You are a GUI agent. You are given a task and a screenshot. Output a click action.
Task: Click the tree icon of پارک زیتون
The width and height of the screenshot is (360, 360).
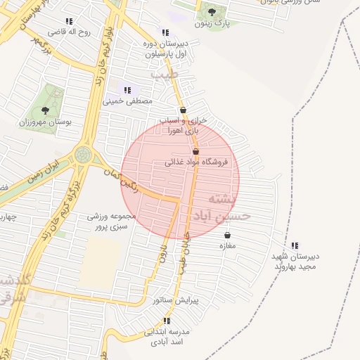tap(212, 12)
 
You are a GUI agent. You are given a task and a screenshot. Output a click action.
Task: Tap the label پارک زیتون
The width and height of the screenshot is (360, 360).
tap(212, 24)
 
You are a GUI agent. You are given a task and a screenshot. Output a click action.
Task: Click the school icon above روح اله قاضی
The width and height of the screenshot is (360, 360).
tap(68, 22)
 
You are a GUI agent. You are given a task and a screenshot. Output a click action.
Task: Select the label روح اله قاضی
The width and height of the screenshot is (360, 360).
tap(68, 32)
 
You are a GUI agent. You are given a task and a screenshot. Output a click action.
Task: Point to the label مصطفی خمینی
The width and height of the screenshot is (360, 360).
tap(127, 101)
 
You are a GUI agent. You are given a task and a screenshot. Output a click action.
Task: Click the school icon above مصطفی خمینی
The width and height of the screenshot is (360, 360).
tap(127, 90)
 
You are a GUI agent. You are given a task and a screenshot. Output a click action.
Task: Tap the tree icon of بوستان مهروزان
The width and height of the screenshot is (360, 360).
tap(46, 110)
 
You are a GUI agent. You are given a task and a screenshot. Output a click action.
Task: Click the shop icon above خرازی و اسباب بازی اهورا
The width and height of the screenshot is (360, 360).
tap(184, 110)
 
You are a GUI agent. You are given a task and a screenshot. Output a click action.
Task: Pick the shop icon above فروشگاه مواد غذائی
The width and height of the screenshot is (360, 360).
tap(195, 151)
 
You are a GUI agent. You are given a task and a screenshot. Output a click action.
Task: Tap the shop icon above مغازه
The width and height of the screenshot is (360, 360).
tap(227, 235)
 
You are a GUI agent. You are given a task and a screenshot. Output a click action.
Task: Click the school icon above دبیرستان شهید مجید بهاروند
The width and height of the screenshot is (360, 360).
tap(295, 245)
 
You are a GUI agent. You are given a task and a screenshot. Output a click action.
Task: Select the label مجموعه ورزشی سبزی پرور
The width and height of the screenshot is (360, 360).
tap(108, 222)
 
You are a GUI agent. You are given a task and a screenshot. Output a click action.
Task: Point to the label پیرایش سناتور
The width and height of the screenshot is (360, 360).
tap(176, 300)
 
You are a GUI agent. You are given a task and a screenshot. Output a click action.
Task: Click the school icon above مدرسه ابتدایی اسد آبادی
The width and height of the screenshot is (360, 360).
tap(167, 321)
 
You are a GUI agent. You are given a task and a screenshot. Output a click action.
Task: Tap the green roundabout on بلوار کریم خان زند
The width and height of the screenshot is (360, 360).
tap(83, 153)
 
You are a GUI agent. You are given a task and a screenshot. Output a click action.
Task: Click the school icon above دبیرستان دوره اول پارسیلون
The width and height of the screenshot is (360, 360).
tap(165, 32)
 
